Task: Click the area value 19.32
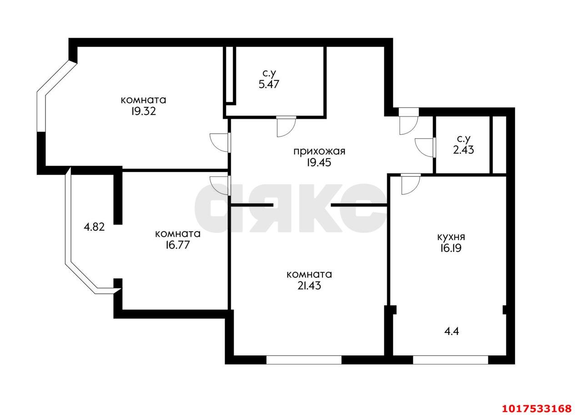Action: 143,111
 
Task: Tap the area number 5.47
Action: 269,84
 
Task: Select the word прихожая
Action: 319,151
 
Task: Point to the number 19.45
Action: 319,163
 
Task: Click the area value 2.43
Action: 463,150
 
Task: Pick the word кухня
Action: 452,237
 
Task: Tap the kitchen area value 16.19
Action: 451,248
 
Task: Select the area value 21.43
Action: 309,286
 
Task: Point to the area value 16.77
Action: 178,245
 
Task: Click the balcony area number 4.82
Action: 94,227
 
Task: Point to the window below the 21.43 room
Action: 304,360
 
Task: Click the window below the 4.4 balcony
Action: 451,360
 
